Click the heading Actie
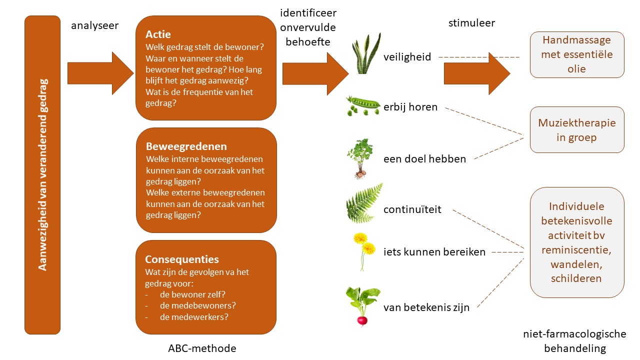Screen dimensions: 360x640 [158, 34]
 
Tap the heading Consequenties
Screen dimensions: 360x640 [182, 259]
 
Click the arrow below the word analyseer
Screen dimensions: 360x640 [100, 73]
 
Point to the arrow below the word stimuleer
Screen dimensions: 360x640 [476, 73]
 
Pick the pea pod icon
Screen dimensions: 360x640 [363, 105]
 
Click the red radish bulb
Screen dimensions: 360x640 [362, 320]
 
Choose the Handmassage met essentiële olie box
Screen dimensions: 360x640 [577, 55]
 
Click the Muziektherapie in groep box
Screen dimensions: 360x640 [577, 129]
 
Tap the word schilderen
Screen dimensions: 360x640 [576, 278]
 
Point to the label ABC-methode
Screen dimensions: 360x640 [202, 348]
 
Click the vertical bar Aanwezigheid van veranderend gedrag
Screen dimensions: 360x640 [42, 174]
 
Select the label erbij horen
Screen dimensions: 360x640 [410, 106]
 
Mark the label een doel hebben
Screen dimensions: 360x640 [424, 159]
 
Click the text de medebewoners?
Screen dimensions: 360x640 [198, 305]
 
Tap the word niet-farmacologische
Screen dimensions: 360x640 [574, 334]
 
